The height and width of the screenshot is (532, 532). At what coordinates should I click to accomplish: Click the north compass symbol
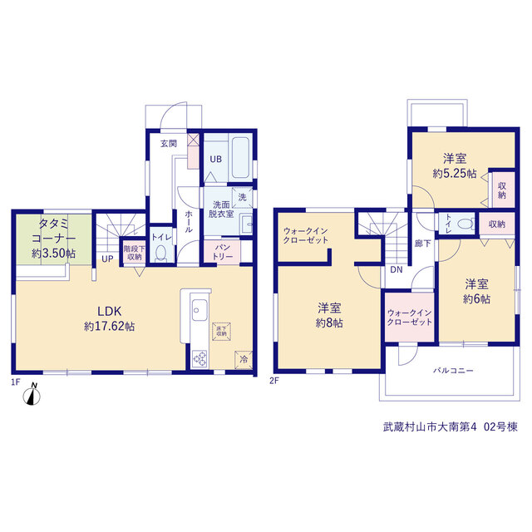tap(32, 395)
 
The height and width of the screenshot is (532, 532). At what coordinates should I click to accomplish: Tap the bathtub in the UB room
tap(240, 157)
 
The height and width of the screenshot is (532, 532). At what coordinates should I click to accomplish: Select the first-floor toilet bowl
tap(160, 253)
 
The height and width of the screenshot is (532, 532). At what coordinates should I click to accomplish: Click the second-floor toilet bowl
tap(465, 224)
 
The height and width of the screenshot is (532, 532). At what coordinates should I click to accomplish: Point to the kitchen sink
tap(199, 309)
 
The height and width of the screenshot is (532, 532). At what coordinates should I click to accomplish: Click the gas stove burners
tap(199, 358)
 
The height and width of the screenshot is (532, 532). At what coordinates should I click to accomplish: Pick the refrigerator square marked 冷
tap(244, 360)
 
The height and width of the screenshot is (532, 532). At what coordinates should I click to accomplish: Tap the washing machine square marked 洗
tap(242, 197)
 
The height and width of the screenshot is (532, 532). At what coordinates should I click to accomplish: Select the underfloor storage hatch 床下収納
tap(221, 331)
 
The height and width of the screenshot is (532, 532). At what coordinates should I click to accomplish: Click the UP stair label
tap(107, 259)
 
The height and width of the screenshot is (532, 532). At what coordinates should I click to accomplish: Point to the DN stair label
tap(397, 269)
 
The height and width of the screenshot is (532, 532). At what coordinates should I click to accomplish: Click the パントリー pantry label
tap(223, 252)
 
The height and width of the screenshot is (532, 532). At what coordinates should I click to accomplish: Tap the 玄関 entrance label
tap(169, 144)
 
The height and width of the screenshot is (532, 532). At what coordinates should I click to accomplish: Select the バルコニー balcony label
tap(453, 370)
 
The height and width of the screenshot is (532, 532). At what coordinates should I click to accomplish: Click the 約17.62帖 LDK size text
tap(109, 327)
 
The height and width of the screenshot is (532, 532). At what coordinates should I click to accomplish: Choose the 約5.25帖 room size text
tap(455, 174)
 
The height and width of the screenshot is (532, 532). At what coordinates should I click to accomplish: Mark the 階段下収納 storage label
tap(135, 253)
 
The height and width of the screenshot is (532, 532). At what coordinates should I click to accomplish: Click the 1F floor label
tap(16, 382)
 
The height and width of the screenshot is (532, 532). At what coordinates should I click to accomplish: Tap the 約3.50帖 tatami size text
tap(53, 254)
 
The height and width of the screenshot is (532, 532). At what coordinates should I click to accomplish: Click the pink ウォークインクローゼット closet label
tap(410, 318)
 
